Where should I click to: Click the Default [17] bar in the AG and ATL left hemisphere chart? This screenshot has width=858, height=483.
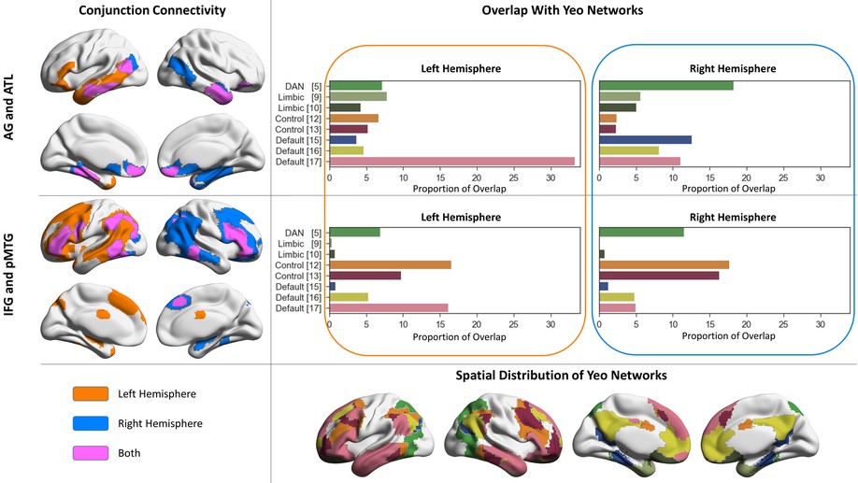click(452, 162)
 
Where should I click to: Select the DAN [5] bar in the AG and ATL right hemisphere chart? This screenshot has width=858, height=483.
click(666, 86)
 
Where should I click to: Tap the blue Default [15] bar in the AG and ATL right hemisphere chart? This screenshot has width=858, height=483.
click(646, 140)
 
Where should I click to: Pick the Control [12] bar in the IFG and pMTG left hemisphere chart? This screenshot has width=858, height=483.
click(390, 264)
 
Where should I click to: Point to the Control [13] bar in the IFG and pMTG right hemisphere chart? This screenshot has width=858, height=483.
click(659, 276)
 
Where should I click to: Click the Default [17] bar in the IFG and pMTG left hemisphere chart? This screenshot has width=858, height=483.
click(389, 308)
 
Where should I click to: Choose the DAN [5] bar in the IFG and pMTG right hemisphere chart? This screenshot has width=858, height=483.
click(642, 233)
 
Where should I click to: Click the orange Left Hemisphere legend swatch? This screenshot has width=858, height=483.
click(91, 394)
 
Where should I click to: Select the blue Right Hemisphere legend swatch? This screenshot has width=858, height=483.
click(91, 423)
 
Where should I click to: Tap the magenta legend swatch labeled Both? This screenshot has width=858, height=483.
click(91, 453)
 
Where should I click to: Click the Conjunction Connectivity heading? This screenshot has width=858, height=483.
click(152, 10)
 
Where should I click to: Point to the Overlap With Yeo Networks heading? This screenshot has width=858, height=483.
click(563, 10)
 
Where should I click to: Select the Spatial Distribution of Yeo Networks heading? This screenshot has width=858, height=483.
click(562, 376)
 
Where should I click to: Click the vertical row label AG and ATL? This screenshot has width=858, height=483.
click(9, 107)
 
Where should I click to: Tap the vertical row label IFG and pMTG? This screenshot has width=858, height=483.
click(9, 275)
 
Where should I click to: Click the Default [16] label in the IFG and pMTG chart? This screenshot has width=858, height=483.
click(298, 298)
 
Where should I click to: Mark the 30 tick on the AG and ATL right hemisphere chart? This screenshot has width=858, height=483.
click(821, 178)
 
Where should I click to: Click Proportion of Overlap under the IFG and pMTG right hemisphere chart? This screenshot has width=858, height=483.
click(728, 335)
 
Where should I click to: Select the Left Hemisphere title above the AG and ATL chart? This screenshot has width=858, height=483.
click(461, 69)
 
